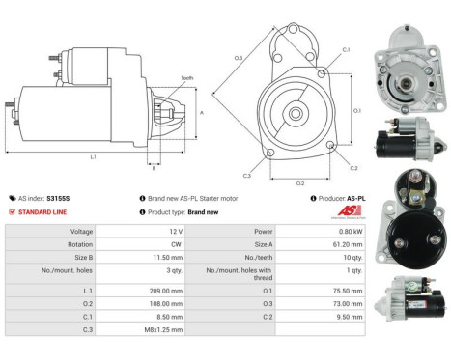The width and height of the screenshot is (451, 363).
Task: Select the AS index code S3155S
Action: (60, 197)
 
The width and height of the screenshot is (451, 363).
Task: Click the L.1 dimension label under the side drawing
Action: (93, 155)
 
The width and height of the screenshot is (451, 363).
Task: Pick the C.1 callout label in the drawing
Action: (345, 49)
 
